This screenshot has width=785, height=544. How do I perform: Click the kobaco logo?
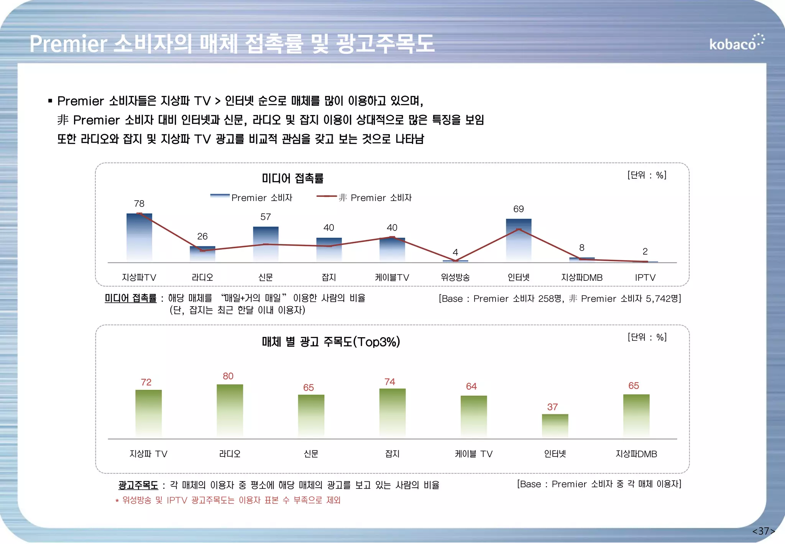[736, 43]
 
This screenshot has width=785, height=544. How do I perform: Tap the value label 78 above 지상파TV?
[139, 204]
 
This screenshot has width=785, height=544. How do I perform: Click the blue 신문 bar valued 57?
[266, 244]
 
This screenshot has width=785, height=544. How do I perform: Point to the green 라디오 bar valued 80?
[230, 410]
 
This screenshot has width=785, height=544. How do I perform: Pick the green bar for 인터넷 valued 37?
[555, 426]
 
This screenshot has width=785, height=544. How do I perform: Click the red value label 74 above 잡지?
[390, 382]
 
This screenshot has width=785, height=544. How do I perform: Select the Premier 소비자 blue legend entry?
[251, 198]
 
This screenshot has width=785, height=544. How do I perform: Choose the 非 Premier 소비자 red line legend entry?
[364, 198]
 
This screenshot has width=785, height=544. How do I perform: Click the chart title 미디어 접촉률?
[292, 178]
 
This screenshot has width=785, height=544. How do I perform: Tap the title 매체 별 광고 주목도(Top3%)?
[331, 341]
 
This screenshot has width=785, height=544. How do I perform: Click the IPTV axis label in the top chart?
[645, 277]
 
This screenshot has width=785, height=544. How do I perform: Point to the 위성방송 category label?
[455, 277]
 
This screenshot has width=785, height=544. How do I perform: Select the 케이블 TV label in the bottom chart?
[473, 454]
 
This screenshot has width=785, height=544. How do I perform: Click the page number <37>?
[764, 531]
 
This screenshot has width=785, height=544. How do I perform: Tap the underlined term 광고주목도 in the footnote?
[138, 485]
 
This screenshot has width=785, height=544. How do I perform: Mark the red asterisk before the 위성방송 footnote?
[117, 501]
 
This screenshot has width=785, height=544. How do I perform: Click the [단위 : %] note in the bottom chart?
[647, 337]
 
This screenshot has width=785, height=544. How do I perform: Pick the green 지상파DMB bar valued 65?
[636, 416]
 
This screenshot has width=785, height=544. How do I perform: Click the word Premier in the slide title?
[68, 44]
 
